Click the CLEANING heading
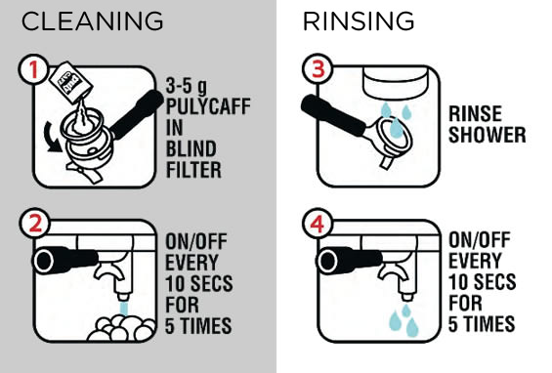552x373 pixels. [92, 21]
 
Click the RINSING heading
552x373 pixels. [359, 21]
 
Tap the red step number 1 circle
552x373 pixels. [33, 69]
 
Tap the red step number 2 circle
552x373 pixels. [35, 223]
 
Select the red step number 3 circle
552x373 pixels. [318, 68]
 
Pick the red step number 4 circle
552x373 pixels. [318, 223]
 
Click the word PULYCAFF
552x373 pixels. [208, 106]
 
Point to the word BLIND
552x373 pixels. [191, 148]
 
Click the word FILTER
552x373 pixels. [193, 170]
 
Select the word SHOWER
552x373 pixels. [488, 135]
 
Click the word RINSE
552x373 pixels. [475, 113]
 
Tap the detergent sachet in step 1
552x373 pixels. [70, 83]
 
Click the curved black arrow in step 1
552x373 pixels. [51, 138]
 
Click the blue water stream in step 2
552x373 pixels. [123, 309]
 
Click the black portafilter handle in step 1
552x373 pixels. [136, 113]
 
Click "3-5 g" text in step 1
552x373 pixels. [187, 86]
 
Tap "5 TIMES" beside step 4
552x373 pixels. [482, 324]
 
